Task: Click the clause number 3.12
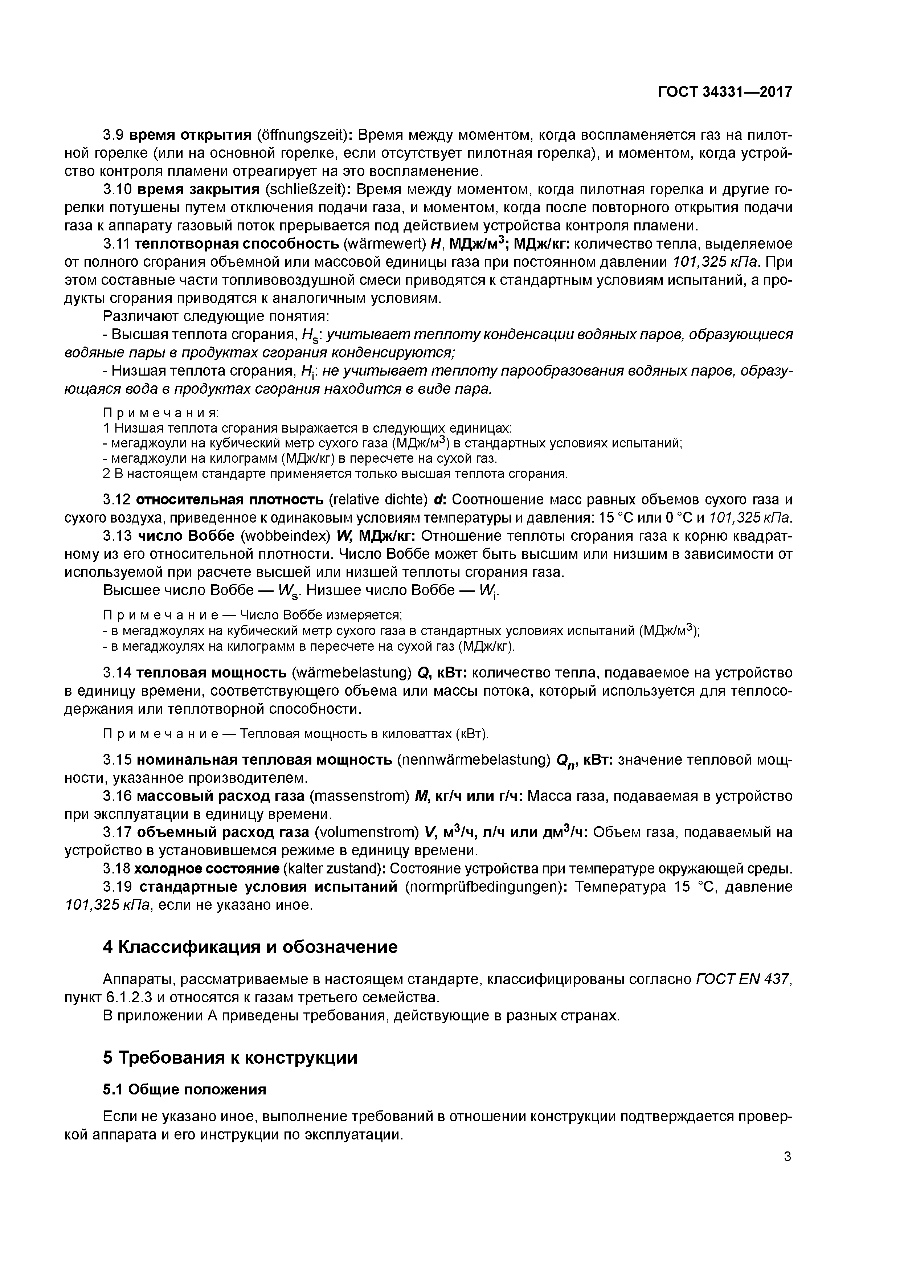point(117,500)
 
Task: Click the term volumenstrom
point(366,833)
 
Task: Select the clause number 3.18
point(117,868)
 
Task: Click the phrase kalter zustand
point(324,868)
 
